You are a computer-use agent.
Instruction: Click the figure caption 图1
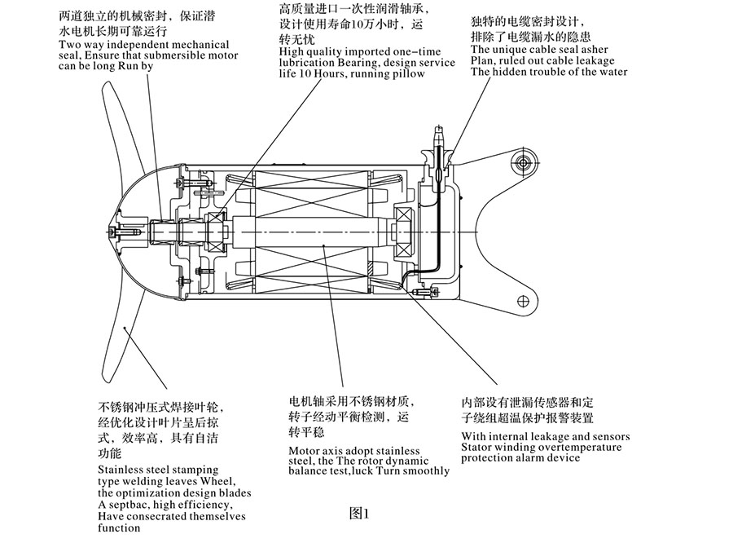[359, 514]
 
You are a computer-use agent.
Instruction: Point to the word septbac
[129, 504]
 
